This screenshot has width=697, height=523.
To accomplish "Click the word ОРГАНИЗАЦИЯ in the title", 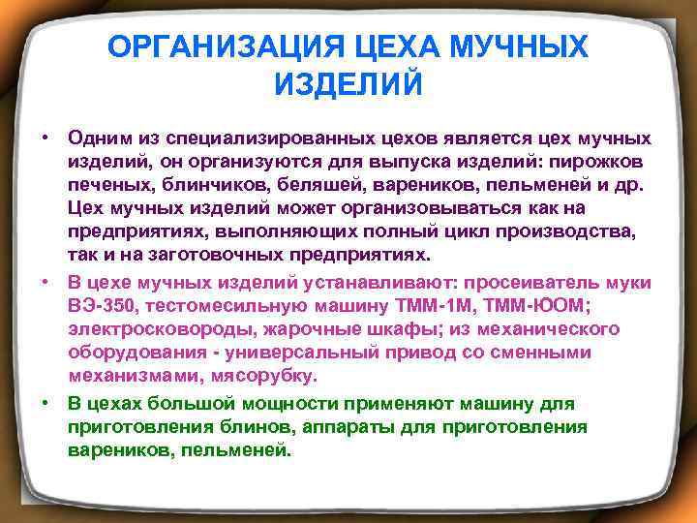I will click(x=213, y=46).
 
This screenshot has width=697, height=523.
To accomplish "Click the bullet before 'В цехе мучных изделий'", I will click(x=45, y=283).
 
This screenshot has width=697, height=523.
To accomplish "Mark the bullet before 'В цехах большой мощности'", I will click(x=45, y=402).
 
